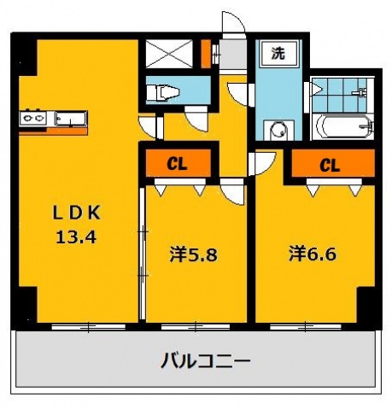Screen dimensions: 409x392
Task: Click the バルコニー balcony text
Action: click(x=206, y=361)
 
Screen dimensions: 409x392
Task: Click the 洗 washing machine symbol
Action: click(x=278, y=53)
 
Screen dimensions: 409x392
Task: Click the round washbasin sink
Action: click(x=277, y=131)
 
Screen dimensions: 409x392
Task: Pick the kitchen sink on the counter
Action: click(x=69, y=119)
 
